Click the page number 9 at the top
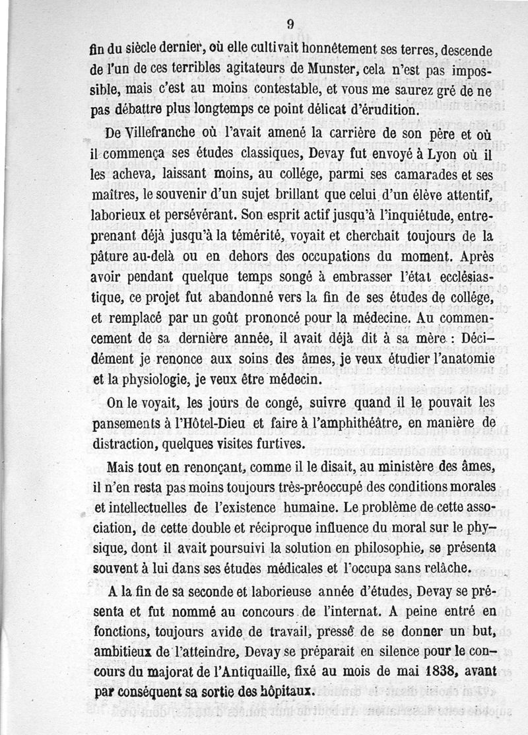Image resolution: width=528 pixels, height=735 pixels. point(290,24)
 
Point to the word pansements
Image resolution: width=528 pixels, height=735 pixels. point(131,422)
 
